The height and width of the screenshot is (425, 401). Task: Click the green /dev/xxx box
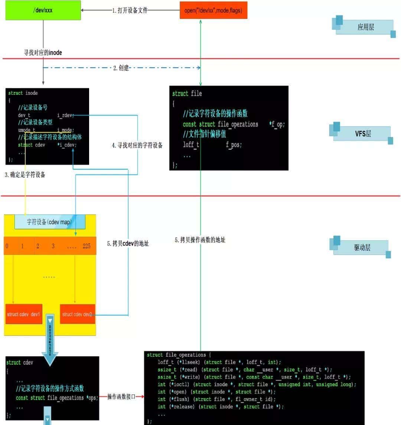(x=43, y=10)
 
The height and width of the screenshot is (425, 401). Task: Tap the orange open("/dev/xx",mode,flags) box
(x=213, y=10)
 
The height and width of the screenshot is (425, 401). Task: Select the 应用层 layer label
(x=365, y=27)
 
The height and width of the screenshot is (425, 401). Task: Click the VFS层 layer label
(x=362, y=134)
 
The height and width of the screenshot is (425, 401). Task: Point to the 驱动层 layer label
(x=362, y=247)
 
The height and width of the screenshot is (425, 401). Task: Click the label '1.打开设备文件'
(x=130, y=10)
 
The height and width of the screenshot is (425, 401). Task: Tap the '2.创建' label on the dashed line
(x=121, y=68)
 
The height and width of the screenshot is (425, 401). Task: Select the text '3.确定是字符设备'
(x=25, y=174)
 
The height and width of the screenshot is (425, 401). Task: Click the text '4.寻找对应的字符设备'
(x=137, y=146)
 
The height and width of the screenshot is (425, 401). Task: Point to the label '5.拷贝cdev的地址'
(x=128, y=243)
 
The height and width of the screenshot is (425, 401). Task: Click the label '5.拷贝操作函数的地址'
(x=200, y=240)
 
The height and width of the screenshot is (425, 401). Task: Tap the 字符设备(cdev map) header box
(x=50, y=222)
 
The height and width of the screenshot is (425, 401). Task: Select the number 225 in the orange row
(x=87, y=246)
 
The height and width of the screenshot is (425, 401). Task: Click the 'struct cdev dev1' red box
(x=23, y=314)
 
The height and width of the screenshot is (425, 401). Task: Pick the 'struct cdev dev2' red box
(x=77, y=314)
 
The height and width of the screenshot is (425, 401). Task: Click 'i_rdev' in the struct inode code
(x=65, y=115)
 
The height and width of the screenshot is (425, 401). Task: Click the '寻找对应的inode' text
(x=43, y=53)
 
